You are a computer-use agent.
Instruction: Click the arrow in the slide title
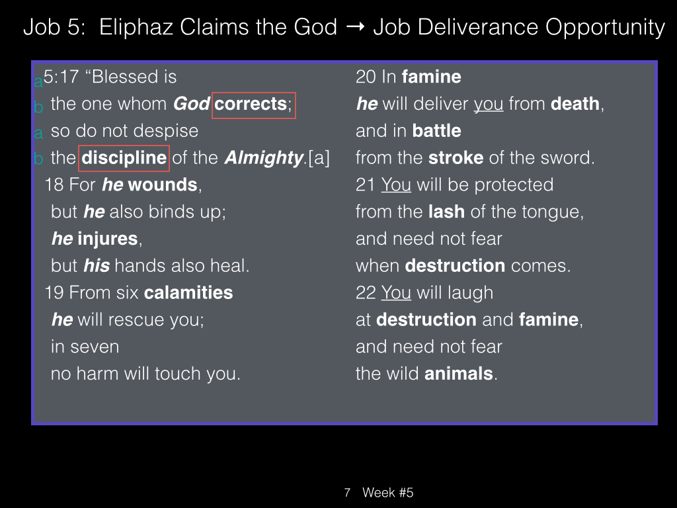pos(356,27)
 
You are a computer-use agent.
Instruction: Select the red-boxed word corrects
pos(251,104)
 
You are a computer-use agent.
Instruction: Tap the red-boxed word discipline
pos(124,157)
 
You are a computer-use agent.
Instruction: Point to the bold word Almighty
pos(264,159)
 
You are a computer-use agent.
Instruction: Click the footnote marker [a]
pos(319,158)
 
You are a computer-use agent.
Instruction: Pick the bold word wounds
pos(163,185)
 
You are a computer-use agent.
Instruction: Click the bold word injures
pos(108,239)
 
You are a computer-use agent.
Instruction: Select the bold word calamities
pos(188,293)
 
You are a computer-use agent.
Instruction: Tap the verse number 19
pos(54,293)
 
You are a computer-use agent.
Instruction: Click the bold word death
pos(575,104)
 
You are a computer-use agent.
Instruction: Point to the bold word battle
pos(436,131)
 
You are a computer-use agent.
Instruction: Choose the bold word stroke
pos(456,158)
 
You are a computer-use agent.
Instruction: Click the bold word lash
pos(446,212)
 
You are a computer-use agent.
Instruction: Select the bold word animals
pos(459,374)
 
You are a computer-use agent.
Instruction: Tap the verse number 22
pos(366,293)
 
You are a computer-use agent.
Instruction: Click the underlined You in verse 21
pos(396,185)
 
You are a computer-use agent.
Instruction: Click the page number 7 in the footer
pos(347,492)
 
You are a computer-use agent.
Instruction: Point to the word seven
pos(85,347)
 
